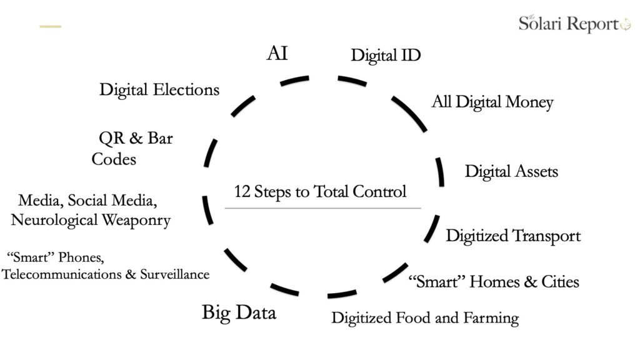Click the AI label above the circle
(x=277, y=53)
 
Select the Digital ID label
(x=386, y=55)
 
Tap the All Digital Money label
(x=492, y=102)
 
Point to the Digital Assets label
(x=511, y=171)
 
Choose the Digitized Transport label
(x=512, y=236)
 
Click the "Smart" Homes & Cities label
(x=493, y=282)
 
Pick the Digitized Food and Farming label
(x=425, y=318)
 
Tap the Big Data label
(x=239, y=312)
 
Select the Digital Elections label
(x=159, y=90)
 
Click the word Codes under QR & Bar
(x=114, y=159)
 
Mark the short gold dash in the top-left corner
(x=51, y=26)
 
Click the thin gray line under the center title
(x=322, y=208)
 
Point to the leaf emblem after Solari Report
(x=625, y=25)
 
